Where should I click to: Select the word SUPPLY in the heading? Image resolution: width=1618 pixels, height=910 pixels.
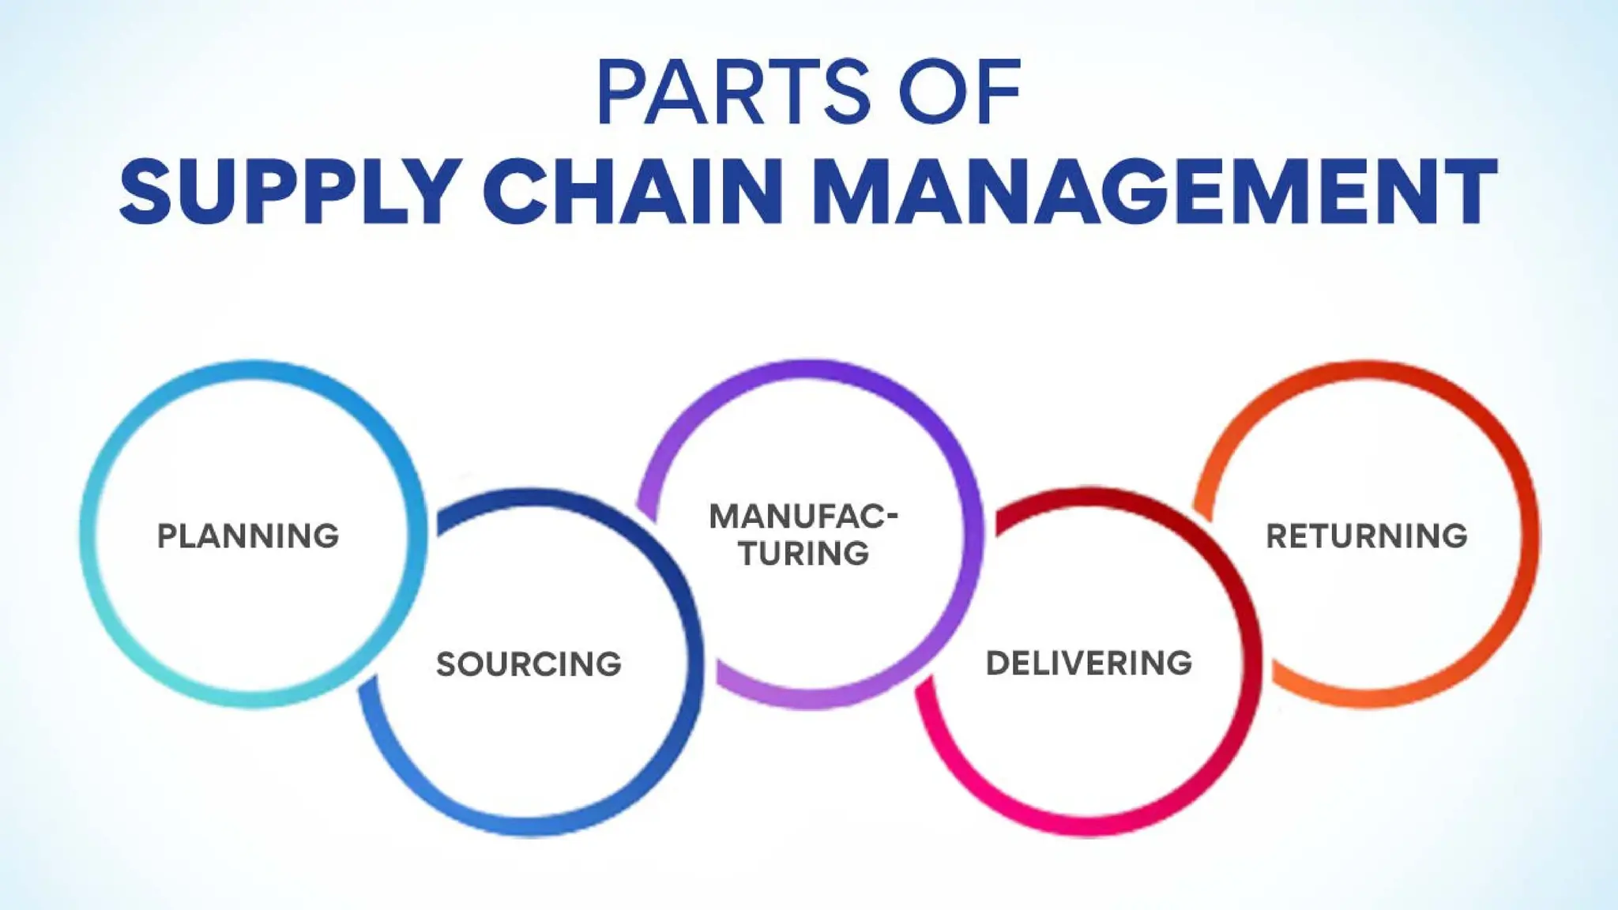290,191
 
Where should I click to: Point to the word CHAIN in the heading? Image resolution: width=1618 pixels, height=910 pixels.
633,191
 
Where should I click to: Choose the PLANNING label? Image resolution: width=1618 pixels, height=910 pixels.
248,536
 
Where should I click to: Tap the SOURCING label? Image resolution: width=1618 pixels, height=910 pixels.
529,664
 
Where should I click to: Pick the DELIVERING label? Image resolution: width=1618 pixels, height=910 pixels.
1089,664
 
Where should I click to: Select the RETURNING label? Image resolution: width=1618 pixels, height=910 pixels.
1367,536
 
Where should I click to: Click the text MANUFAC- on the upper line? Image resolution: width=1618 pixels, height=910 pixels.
803,517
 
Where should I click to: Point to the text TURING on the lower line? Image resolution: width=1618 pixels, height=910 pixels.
804,554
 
